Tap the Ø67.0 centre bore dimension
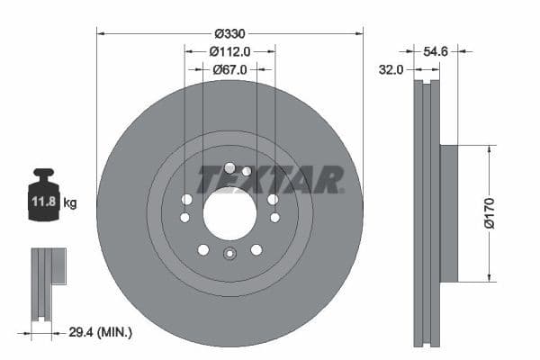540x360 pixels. click(x=229, y=67)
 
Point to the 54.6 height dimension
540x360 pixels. click(x=436, y=53)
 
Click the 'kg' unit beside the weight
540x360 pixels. click(x=71, y=203)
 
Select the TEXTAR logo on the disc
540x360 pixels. click(x=270, y=179)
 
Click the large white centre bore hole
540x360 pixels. click(x=229, y=214)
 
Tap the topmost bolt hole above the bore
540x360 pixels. click(x=229, y=167)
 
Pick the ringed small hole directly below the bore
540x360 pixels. click(x=229, y=254)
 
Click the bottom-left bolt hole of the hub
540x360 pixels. click(x=203, y=249)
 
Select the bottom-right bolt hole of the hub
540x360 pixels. click(x=256, y=249)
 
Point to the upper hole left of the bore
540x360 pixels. click(x=187, y=199)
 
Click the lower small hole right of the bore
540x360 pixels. click(x=274, y=217)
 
